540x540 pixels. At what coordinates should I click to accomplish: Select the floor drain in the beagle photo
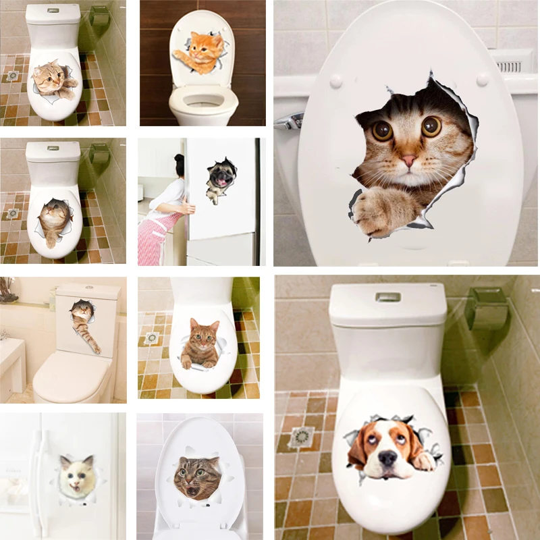point(301,438)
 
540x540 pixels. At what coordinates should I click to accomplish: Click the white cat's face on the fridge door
point(76,478)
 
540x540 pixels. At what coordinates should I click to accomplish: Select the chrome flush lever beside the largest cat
point(289,122)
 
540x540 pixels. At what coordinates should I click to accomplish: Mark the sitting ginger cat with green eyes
point(200,344)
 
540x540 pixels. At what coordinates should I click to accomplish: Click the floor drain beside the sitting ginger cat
point(152,337)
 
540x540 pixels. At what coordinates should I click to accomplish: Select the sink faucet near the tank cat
point(5,333)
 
